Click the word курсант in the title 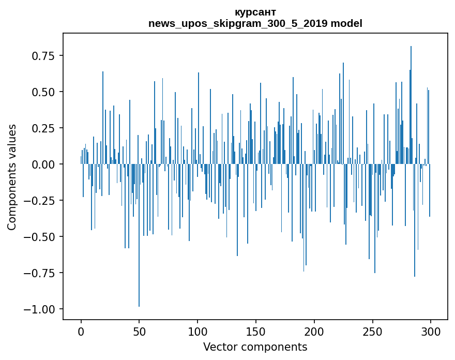click(x=255, y=12)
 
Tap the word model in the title click(x=347, y=23)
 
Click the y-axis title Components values click(x=11, y=177)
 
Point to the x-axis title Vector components click(x=255, y=347)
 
